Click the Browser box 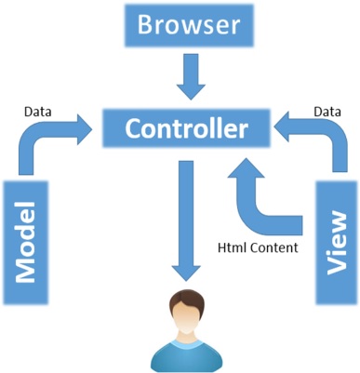[190, 25]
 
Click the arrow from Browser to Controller [190, 77]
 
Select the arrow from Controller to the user [184, 223]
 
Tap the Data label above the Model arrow [38, 113]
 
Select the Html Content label [257, 247]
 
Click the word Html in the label [230, 247]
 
